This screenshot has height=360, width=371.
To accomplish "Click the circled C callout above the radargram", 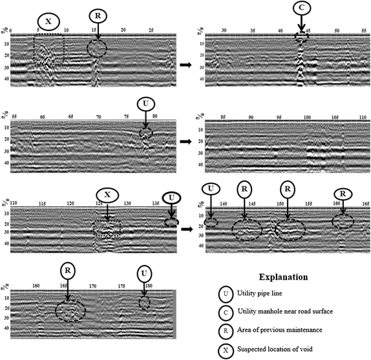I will (301, 8).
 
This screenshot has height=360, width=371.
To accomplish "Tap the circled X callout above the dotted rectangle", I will (48, 21).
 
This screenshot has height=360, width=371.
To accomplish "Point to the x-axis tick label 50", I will (337, 30).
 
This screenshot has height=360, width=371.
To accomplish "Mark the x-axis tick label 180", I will (149, 285).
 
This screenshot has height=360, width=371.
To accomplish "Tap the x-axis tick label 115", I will (42, 204).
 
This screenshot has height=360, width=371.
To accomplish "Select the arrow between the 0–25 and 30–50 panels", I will (185, 65).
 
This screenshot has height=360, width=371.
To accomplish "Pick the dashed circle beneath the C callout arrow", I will (302, 37).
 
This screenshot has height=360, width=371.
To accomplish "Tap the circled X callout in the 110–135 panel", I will (107, 195).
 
